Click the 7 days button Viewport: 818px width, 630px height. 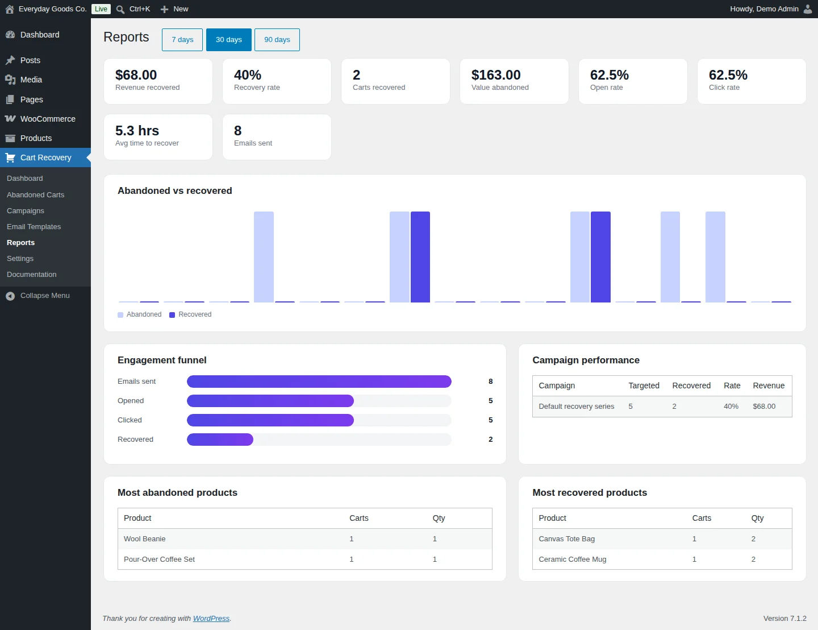point(182,40)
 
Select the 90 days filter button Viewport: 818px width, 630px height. point(277,40)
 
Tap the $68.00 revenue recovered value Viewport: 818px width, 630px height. point(136,75)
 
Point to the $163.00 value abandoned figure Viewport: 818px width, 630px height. point(496,75)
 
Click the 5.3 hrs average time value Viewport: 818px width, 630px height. point(137,131)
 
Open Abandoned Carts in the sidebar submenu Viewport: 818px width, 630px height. point(35,195)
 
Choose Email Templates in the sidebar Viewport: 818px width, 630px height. point(34,226)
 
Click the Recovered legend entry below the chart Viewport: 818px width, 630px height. point(190,314)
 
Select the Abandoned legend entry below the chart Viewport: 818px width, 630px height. point(140,314)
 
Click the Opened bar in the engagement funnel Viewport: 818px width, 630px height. point(270,401)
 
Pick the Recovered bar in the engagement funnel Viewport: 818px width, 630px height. point(220,440)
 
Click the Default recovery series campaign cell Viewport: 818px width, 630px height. point(577,406)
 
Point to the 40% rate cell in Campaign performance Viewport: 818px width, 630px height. point(731,406)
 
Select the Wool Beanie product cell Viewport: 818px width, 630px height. point(144,539)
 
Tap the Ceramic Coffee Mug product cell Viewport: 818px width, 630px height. point(572,559)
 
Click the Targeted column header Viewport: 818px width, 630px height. point(644,386)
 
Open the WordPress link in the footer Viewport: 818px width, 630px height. point(211,618)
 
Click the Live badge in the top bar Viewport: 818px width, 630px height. point(101,9)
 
